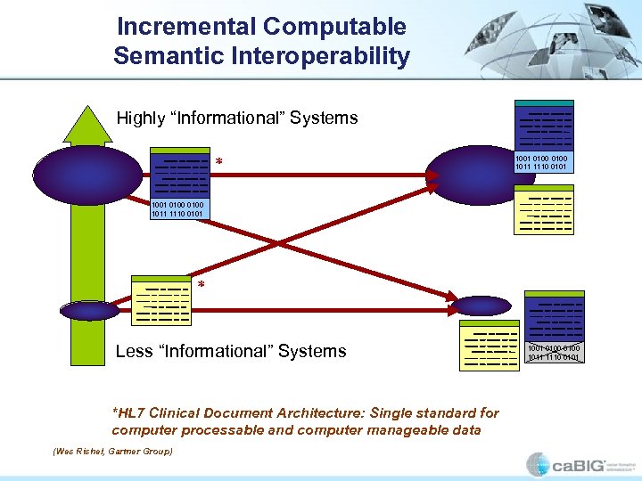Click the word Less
[134, 351]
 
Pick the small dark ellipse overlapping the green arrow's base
[89, 310]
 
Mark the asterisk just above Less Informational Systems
[201, 286]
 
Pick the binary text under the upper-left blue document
[177, 209]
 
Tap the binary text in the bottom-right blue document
[554, 353]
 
